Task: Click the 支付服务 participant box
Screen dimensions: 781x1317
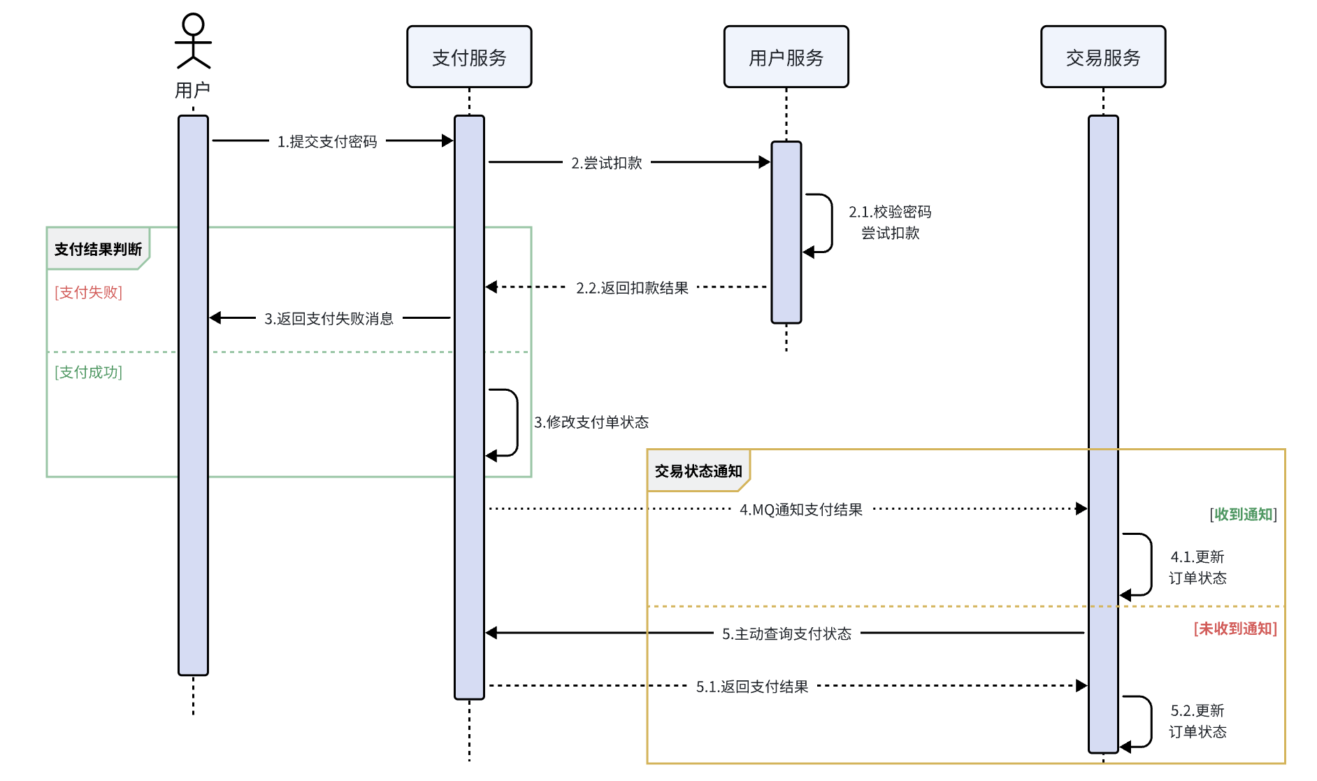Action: tap(469, 57)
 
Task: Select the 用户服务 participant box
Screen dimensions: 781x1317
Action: tap(786, 57)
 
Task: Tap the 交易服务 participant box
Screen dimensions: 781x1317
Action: tap(1103, 57)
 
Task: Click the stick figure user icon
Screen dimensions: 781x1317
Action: tap(193, 41)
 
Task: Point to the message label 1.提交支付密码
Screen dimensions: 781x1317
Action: tap(327, 142)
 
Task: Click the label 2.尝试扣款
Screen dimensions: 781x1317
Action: tap(607, 164)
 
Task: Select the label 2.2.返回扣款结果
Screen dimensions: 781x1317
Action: tap(632, 288)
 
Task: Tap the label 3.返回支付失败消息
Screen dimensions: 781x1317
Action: tap(329, 319)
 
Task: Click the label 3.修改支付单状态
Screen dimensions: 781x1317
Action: tap(591, 422)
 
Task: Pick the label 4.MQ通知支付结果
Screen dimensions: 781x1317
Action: tap(801, 510)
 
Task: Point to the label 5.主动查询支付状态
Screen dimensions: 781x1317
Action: tap(786, 634)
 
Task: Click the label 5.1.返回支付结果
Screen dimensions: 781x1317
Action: tap(752, 687)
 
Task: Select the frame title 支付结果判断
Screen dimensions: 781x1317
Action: tap(98, 250)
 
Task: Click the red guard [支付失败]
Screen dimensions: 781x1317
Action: tap(89, 292)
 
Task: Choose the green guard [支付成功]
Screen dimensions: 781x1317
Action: tap(89, 372)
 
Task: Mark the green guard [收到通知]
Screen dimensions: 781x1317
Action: tap(1243, 515)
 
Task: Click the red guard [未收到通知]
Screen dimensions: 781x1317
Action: tap(1235, 629)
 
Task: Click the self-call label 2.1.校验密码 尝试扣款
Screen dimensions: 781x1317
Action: tap(890, 222)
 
